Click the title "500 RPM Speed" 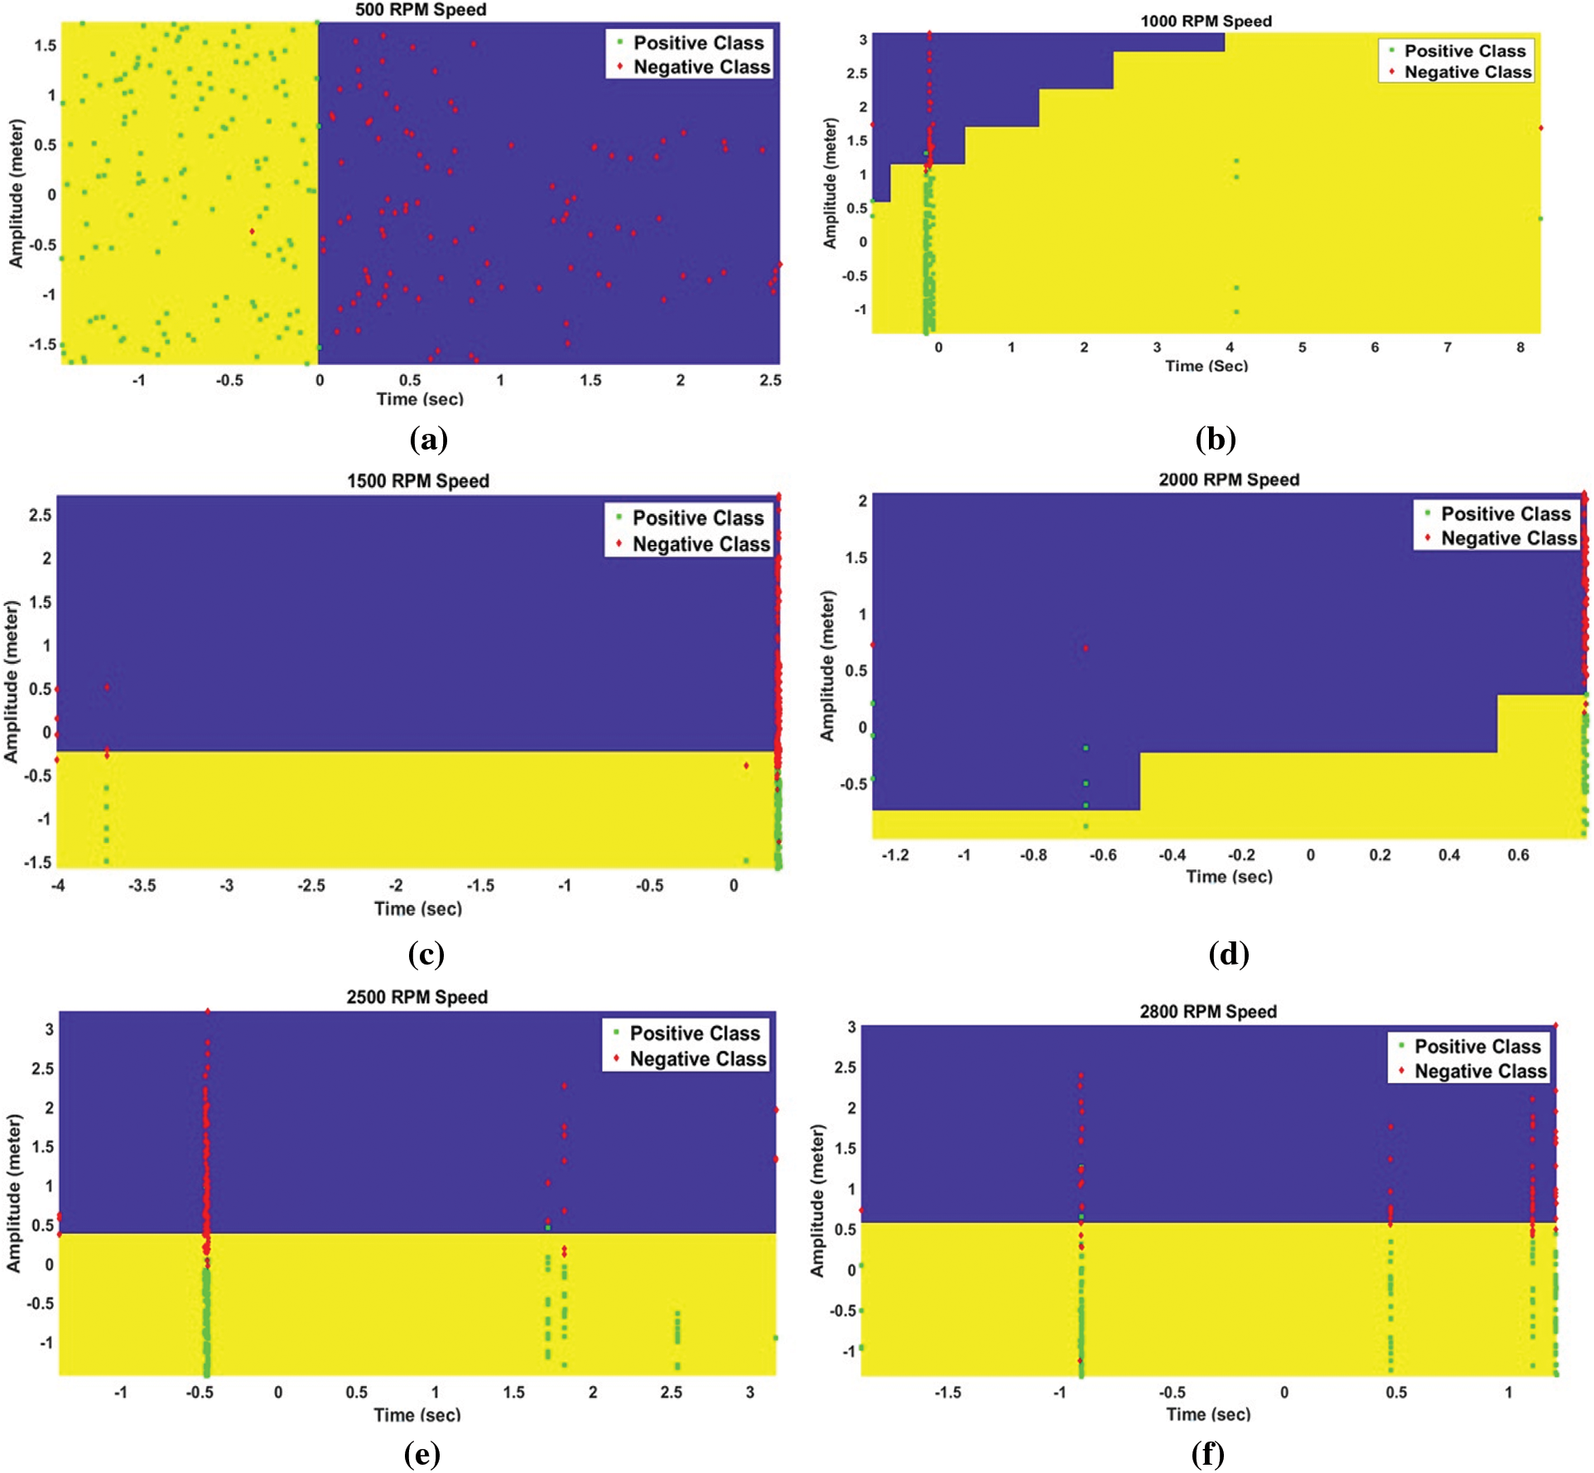point(421,10)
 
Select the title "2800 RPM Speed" point(1208,1011)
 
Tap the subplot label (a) point(428,439)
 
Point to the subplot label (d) point(1229,954)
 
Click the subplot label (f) point(1208,1454)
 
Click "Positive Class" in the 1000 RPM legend point(1465,51)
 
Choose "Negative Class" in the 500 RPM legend point(701,67)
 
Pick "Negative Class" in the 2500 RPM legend point(698,1059)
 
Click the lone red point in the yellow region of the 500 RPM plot point(252,231)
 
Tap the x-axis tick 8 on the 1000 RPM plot point(1520,348)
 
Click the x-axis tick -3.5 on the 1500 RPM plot point(142,885)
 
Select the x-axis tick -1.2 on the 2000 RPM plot point(895,854)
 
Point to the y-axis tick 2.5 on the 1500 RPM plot point(40,515)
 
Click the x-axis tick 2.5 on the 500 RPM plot point(770,380)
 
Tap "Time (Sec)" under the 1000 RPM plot point(1206,366)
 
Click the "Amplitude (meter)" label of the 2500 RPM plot point(13,1193)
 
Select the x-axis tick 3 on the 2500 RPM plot point(750,1392)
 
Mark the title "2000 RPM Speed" point(1229,479)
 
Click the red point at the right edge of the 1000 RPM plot point(1541,128)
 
